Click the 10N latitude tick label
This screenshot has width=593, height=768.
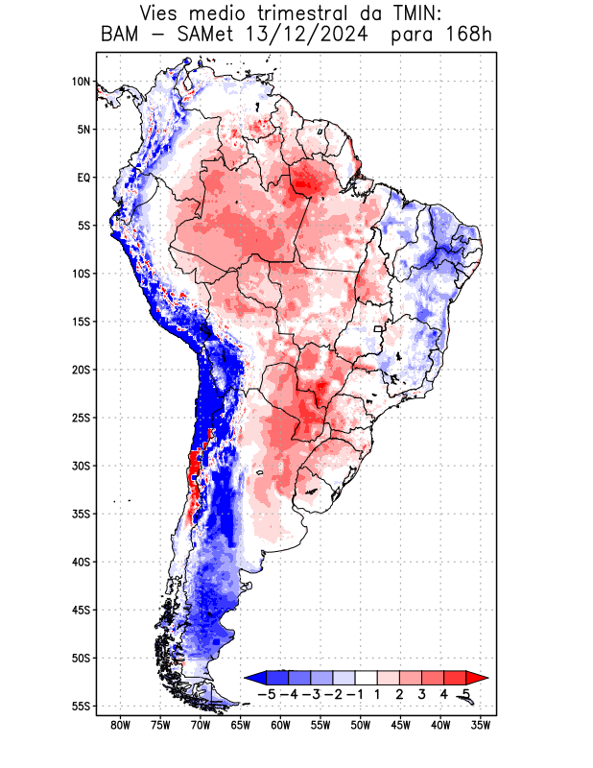tap(81, 82)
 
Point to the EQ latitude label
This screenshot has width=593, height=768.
tap(83, 178)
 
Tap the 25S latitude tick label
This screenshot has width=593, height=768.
tap(81, 418)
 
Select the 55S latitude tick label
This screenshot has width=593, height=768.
tap(81, 706)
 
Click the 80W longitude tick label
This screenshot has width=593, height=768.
tap(121, 726)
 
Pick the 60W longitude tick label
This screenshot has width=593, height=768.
tap(280, 726)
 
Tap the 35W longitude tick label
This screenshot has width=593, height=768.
tap(480, 726)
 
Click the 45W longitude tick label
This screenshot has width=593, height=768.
tap(400, 726)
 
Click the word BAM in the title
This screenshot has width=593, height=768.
tap(120, 36)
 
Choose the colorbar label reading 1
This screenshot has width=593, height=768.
tap(379, 693)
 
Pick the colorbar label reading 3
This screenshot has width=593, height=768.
tap(423, 693)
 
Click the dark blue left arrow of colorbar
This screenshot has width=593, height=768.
tap(255, 678)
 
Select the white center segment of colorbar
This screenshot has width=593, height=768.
tap(367, 678)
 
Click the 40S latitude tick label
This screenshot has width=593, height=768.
tap(81, 562)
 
